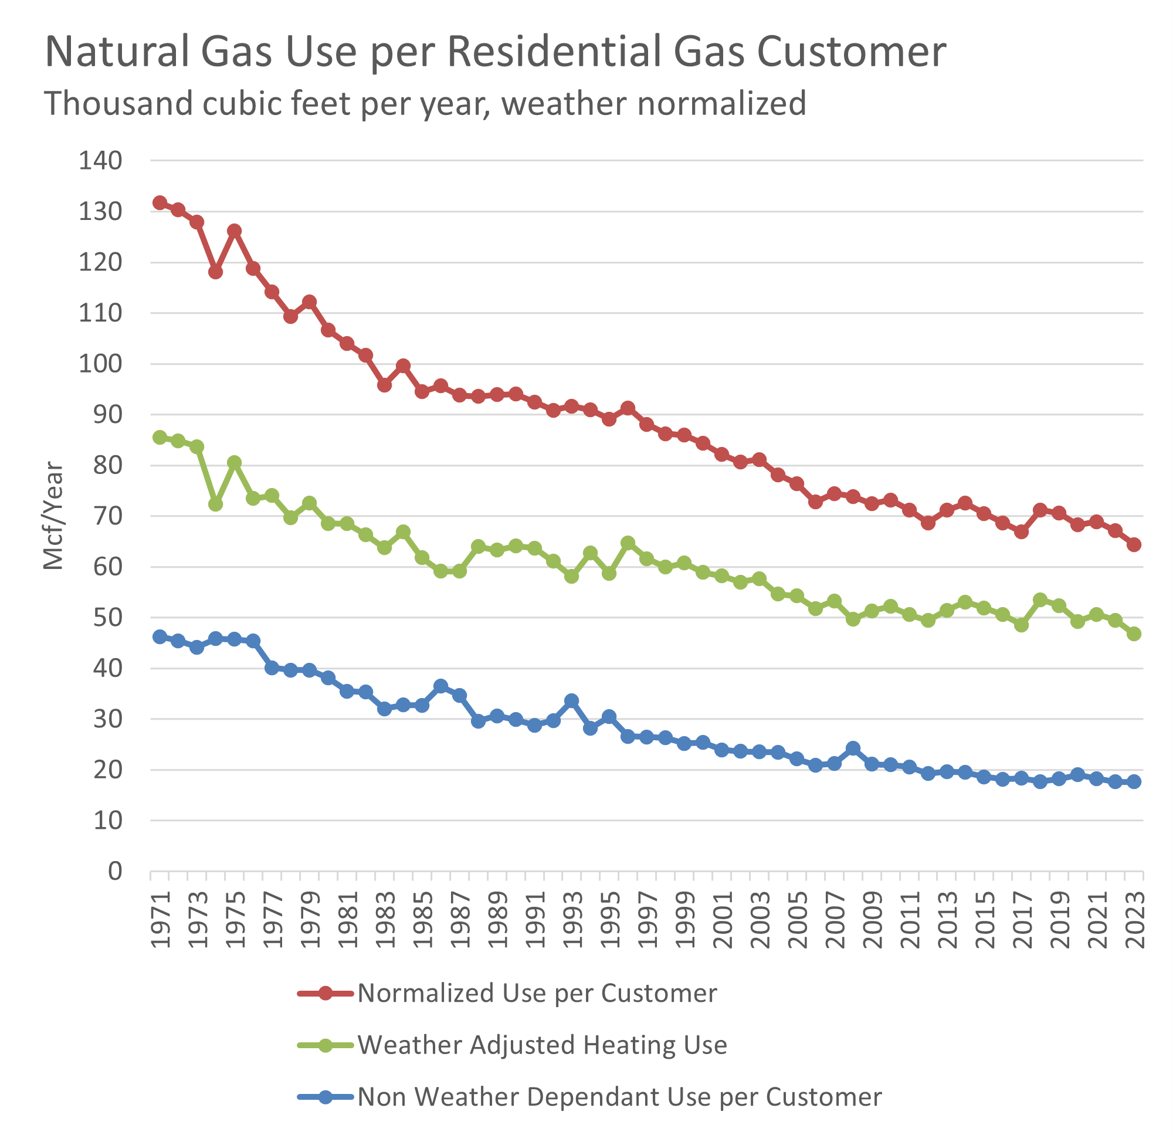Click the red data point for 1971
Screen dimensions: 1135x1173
pyautogui.click(x=160, y=203)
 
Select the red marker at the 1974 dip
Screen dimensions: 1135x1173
pyautogui.click(x=215, y=272)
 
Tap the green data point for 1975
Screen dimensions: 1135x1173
pyautogui.click(x=235, y=463)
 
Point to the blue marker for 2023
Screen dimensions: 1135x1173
pyautogui.click(x=1134, y=782)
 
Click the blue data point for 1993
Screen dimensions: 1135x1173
pyautogui.click(x=571, y=700)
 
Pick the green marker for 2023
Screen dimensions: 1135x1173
pyautogui.click(x=1134, y=634)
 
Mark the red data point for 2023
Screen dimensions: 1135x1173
pyautogui.click(x=1134, y=545)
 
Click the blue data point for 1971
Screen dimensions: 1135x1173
pyautogui.click(x=160, y=636)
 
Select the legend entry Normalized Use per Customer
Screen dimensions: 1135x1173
pyautogui.click(x=537, y=994)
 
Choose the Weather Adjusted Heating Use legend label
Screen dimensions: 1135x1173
pyautogui.click(x=541, y=1045)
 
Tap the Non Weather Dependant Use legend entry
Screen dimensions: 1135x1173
pyautogui.click(x=619, y=1097)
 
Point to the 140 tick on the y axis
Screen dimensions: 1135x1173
pyautogui.click(x=100, y=161)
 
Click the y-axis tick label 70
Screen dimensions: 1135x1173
pyautogui.click(x=107, y=516)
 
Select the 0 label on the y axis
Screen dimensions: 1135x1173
pyautogui.click(x=115, y=872)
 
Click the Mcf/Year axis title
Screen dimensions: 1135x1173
pyautogui.click(x=53, y=516)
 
